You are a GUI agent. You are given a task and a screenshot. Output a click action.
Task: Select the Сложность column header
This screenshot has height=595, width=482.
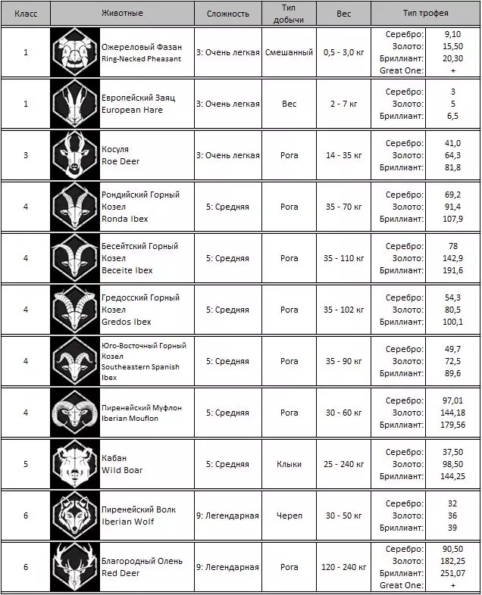point(227,14)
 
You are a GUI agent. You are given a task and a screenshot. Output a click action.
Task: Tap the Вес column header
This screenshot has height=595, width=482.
point(344,14)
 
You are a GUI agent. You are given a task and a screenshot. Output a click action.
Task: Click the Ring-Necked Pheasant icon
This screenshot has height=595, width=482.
point(75,52)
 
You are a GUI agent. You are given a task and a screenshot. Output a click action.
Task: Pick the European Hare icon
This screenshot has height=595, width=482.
point(75,104)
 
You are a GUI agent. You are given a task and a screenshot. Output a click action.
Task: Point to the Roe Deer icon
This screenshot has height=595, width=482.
point(75,155)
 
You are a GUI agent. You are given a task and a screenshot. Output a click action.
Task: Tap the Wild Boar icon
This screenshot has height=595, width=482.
point(75,464)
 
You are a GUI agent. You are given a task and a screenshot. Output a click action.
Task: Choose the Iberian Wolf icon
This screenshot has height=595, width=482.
point(75,516)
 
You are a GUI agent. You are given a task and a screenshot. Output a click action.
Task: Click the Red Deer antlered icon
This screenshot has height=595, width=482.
point(75,567)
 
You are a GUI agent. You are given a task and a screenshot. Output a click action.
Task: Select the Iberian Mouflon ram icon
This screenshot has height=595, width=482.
point(75,413)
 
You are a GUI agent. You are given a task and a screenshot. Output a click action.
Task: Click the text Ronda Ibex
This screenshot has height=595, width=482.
point(125,219)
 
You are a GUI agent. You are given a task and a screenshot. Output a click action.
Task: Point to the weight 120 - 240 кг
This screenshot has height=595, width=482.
point(344,567)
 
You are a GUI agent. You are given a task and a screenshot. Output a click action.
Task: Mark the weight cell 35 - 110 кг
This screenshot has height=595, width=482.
point(344,258)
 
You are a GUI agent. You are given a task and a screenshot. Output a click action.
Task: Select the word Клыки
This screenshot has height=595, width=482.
point(290,464)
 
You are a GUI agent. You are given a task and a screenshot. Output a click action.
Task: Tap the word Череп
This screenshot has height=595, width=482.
point(290,516)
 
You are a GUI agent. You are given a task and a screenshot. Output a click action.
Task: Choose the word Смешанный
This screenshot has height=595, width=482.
point(290,52)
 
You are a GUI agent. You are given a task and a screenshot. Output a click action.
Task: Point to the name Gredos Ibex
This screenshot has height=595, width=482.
point(127,322)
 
